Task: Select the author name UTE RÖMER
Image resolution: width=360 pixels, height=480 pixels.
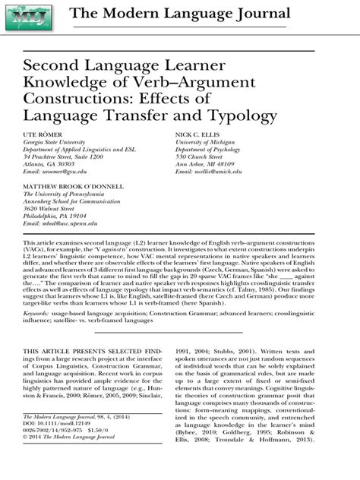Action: (43, 132)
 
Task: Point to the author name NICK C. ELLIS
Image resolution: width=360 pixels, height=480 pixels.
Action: (200, 132)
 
